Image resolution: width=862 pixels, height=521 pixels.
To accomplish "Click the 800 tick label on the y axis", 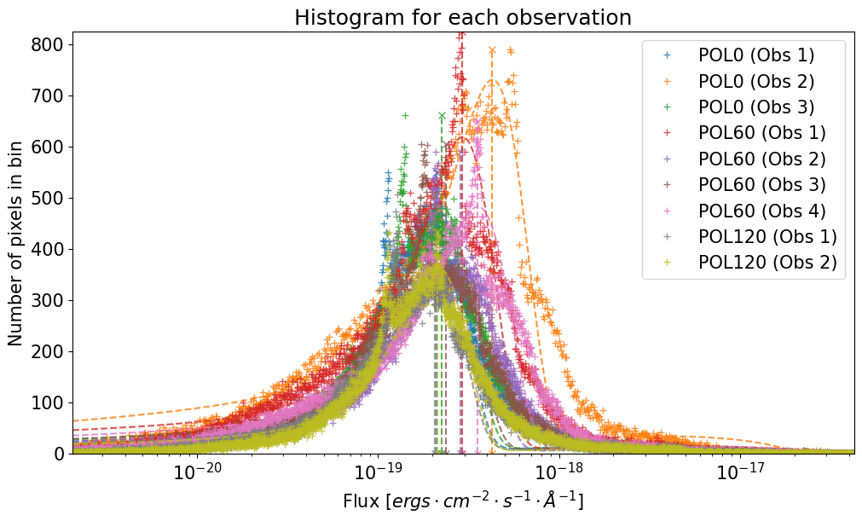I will tap(54, 44).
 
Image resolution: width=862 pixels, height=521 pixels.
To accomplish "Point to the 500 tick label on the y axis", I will tap(54, 198).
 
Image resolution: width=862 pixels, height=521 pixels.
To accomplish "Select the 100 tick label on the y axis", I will tap(54, 402).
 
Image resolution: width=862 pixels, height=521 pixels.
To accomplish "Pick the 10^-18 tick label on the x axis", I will tap(558, 474).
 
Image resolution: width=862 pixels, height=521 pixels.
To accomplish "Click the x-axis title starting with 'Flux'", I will tap(463, 501).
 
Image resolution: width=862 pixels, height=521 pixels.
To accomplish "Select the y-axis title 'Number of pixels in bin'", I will tap(16, 249).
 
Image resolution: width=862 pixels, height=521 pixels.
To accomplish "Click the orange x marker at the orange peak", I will tap(492, 50).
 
